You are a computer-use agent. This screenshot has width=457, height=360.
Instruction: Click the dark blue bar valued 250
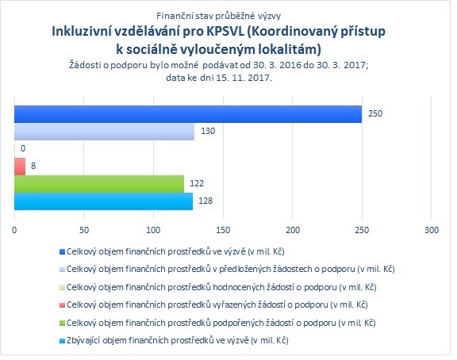188,114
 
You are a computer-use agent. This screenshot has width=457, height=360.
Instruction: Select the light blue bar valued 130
105,132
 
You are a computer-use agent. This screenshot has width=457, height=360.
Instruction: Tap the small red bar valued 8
20,167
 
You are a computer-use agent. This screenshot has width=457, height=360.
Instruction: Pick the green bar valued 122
99,184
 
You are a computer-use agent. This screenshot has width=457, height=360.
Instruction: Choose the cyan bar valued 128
103,201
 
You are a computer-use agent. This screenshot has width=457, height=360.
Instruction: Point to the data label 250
375,113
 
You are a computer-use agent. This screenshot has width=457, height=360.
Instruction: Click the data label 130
208,131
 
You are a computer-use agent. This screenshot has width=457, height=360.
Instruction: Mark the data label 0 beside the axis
23,148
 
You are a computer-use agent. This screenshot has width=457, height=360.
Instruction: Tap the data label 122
197,183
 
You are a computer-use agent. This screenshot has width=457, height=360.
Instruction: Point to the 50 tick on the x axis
83,230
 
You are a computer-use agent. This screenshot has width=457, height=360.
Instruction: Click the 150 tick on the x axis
223,230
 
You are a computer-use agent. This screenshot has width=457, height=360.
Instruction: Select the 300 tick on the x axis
432,230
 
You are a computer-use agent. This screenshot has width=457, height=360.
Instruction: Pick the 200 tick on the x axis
293,230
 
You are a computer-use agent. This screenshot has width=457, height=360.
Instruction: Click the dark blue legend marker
62,251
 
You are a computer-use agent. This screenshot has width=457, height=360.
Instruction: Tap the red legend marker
62,305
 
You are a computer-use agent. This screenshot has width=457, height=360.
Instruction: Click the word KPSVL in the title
225,32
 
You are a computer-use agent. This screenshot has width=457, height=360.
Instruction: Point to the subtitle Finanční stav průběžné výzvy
219,16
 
